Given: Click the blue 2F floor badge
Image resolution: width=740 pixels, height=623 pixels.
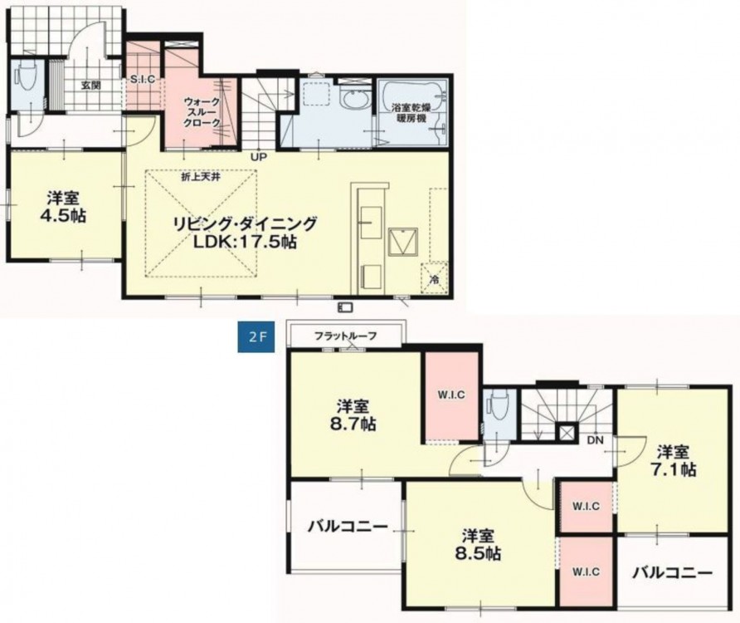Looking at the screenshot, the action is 256,337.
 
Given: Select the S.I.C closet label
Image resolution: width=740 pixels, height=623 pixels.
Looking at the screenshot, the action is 143,80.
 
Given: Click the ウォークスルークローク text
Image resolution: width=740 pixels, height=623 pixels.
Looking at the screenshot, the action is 202,112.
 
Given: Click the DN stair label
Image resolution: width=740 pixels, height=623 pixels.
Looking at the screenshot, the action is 596,439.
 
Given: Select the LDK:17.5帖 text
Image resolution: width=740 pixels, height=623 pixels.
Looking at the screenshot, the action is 245,242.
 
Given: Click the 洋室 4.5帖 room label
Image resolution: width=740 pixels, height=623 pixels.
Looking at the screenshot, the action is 63,206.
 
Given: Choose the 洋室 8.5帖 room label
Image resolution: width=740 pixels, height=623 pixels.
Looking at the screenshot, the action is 478,545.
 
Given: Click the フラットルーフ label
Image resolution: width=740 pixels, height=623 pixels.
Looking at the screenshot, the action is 345,336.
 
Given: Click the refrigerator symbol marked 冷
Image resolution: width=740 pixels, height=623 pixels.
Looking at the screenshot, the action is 435,279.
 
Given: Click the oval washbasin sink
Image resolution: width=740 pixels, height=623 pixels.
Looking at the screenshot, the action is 353,101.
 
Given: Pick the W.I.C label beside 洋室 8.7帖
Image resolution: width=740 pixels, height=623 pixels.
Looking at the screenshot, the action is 451,395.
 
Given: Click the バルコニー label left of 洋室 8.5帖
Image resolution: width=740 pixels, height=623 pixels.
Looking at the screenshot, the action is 348,526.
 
